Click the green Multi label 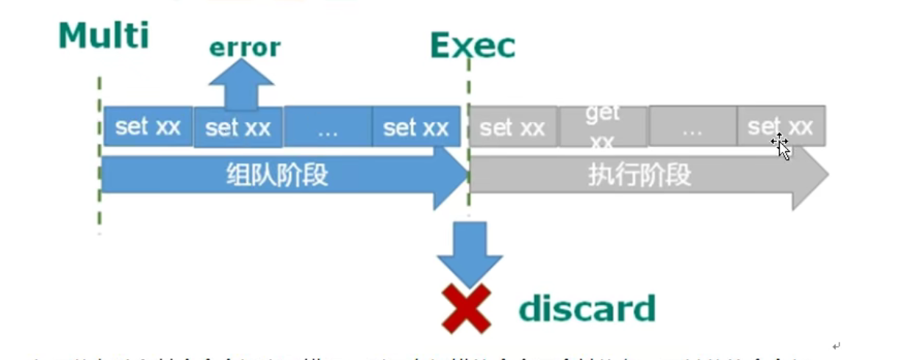104,36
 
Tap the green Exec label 473,46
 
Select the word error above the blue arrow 245,48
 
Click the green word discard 587,309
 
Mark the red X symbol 466,309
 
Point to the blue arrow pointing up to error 241,84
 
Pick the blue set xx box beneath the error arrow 238,127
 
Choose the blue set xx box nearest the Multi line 148,126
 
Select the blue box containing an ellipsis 328,127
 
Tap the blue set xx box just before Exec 416,127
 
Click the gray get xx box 603,126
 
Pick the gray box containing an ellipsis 692,126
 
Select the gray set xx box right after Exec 512,127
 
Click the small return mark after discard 836,345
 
